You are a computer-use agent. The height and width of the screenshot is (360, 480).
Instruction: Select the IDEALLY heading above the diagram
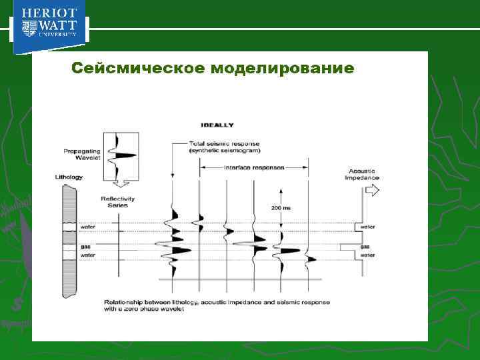tap(216, 125)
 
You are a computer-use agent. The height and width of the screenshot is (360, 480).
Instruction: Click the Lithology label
tap(69, 177)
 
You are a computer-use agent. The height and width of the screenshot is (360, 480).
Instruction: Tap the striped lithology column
tap(69, 240)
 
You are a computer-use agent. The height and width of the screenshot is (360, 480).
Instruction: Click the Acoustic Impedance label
tap(362, 174)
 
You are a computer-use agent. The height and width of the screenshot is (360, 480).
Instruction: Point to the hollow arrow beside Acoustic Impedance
tap(372, 190)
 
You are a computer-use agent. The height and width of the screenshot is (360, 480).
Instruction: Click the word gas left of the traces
tap(85, 246)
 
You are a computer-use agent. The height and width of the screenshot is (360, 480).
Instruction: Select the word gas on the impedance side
tap(364, 246)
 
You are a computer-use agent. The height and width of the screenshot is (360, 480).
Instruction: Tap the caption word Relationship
tap(123, 302)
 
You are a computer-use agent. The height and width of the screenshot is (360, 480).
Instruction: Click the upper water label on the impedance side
tap(367, 227)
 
